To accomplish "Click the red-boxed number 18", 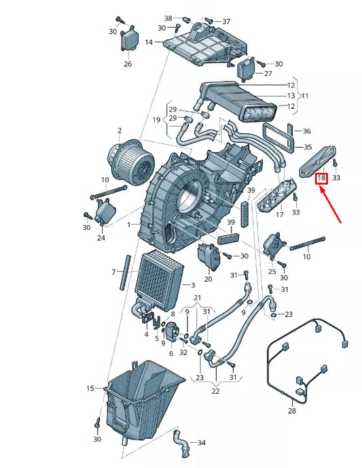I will tap(322, 178).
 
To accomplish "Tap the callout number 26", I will tap(127, 65).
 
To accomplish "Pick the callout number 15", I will tap(90, 388).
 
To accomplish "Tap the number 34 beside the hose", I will tap(201, 443).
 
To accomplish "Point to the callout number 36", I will tap(306, 131).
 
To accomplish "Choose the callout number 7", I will tap(114, 272).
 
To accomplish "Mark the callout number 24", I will tap(101, 238).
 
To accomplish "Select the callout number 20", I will tap(208, 279).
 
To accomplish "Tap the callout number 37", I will tap(226, 21).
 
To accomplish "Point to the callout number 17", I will tap(278, 215).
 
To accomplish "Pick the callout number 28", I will tap(292, 412).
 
